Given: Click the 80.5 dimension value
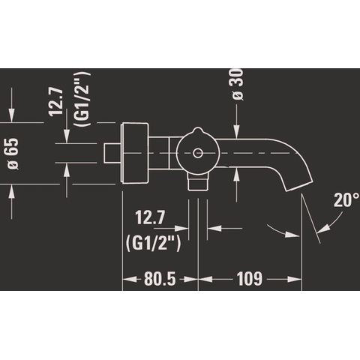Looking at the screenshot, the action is coord(160,279).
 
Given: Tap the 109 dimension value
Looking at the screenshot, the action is coord(250,279).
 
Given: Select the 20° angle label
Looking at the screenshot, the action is coord(346,199).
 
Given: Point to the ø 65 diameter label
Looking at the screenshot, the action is coord(13,154).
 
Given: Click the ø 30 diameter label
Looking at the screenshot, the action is coord(237,84).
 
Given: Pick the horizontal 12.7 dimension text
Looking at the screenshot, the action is coord(150,217).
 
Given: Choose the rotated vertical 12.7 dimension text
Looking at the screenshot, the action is coord(56,101).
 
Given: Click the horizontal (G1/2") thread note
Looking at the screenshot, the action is coord(153,243).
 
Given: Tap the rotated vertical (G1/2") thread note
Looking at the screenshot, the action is coord(82,99).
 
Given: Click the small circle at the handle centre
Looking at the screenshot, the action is coord(198,153).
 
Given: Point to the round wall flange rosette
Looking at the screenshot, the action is coord(135,153).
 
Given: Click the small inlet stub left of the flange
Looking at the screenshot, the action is coord(112,153).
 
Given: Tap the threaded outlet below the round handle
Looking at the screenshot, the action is coord(198,181).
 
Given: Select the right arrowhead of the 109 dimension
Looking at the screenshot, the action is coord(295,279).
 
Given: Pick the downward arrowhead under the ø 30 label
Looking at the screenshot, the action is coord(236,130).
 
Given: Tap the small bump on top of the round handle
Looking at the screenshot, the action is coord(197,130).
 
